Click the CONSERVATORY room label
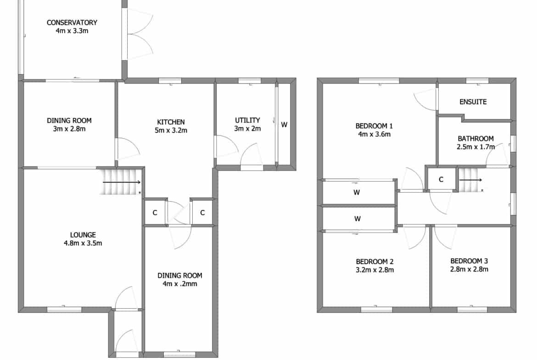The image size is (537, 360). (72, 22)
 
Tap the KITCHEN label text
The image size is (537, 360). (171, 122)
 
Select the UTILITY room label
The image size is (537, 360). (247, 120)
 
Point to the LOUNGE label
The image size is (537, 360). (83, 235)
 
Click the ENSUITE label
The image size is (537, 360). (473, 102)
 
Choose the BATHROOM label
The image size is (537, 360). (475, 138)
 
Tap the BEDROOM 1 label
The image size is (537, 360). (374, 126)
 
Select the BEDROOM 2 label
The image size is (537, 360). (375, 262)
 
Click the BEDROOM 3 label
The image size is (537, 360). (469, 261)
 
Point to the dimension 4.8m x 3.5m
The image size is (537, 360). (83, 244)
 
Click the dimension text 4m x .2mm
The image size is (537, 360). (180, 284)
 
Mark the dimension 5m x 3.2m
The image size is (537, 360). (171, 130)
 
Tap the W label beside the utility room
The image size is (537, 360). (284, 125)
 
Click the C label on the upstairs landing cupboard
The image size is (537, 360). (441, 179)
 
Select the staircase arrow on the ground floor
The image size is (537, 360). (122, 183)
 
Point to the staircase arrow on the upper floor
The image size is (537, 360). (470, 180)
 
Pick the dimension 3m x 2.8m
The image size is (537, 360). (69, 129)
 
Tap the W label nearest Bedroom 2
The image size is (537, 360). (358, 219)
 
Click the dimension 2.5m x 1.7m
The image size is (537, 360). (475, 147)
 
